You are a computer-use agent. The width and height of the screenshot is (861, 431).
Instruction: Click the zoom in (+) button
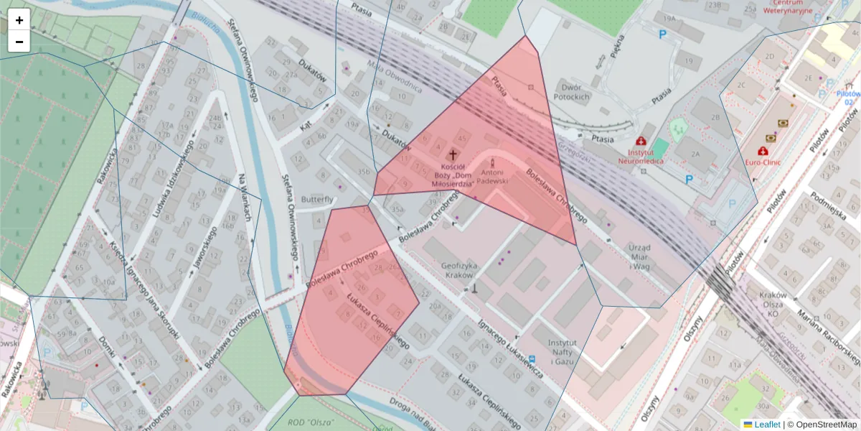[19, 20]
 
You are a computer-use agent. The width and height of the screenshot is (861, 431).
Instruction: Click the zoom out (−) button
[19, 42]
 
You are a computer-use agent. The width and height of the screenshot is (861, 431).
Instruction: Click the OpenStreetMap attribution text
[822, 425]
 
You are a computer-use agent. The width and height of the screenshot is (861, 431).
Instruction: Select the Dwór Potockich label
[571, 91]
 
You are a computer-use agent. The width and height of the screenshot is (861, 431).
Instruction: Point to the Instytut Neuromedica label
[641, 157]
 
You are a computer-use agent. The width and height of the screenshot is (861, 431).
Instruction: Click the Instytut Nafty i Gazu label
[563, 351]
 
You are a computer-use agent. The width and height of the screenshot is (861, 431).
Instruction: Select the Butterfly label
[319, 199]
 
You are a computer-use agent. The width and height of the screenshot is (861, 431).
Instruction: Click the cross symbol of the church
[453, 154]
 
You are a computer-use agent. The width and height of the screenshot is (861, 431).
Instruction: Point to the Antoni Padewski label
[491, 177]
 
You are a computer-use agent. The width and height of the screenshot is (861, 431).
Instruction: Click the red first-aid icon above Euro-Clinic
[762, 152]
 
